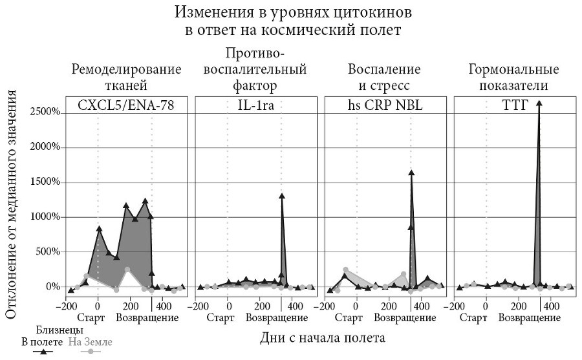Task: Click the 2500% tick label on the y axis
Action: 45,112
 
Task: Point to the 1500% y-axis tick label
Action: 45,182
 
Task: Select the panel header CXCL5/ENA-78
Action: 127,106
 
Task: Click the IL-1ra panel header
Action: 256,106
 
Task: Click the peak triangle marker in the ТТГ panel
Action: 539,103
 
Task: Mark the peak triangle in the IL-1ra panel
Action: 282,196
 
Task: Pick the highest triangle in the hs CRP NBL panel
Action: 411,173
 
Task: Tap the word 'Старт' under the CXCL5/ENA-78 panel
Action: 91,317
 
